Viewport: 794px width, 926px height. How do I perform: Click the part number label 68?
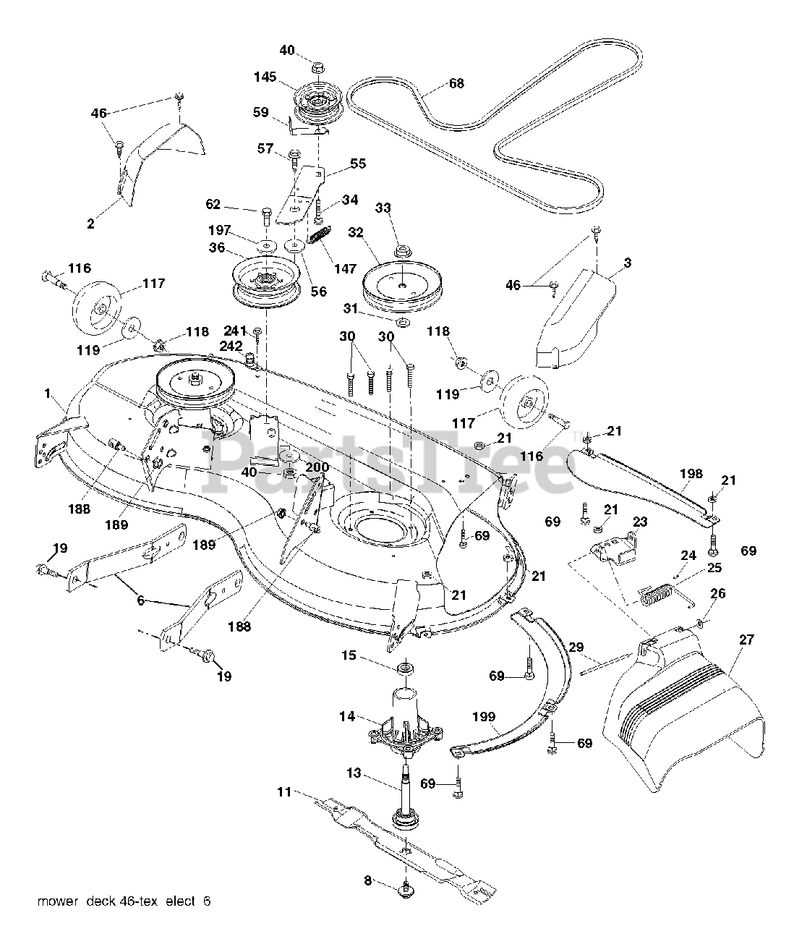tap(456, 83)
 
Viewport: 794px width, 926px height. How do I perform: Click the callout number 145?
tap(265, 77)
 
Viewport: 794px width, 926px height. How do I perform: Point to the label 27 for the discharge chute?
tap(746, 640)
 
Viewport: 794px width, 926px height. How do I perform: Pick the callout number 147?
tap(345, 269)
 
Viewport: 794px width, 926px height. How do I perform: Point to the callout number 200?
tap(317, 467)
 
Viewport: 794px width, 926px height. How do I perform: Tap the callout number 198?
tap(691, 474)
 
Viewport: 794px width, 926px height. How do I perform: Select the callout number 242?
tap(231, 346)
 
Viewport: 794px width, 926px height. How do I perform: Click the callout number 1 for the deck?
tap(48, 394)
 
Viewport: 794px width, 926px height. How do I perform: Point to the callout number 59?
tap(260, 112)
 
